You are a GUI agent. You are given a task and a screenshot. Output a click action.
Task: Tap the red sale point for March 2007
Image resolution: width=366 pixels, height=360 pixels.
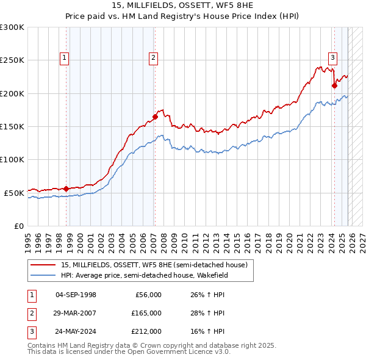[x=155, y=117]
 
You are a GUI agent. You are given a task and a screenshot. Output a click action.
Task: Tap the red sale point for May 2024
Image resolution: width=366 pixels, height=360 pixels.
[x=334, y=85]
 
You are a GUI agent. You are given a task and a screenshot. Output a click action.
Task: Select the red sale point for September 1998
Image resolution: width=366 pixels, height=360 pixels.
[x=66, y=189]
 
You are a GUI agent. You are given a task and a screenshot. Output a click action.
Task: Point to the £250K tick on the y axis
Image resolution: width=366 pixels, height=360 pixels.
[x=12, y=60]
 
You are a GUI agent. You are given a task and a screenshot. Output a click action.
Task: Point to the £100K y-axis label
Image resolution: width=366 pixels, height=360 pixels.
[x=12, y=159]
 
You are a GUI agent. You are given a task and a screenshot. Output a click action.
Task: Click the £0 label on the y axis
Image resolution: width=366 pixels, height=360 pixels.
[x=18, y=226]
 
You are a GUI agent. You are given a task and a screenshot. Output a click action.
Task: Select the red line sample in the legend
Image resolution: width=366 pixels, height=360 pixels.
[x=44, y=265]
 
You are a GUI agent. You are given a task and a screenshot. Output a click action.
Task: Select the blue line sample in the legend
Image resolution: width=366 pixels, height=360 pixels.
[x=44, y=275]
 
